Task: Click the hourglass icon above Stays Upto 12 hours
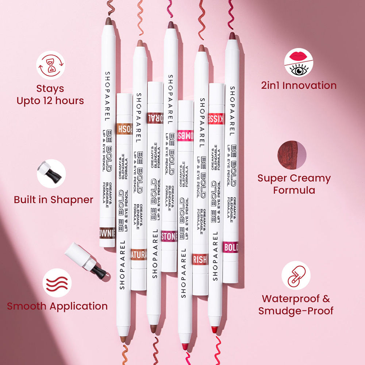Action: coord(50,65)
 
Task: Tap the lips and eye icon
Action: coord(299,62)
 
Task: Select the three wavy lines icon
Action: coord(57,283)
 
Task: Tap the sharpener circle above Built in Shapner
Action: coord(51,174)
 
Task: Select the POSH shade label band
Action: coord(124,129)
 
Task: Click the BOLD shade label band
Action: coord(231,247)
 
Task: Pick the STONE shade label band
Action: coord(169,236)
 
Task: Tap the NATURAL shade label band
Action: coord(139,254)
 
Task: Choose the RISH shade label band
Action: coord(200,259)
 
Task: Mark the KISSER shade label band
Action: coord(216,119)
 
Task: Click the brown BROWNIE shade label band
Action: coord(107,233)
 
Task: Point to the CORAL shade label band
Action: coord(155,118)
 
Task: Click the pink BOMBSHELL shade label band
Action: coord(185,135)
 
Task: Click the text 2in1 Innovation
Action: coord(299,85)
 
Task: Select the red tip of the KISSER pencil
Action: coord(214,329)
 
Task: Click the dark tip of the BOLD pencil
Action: coord(232,36)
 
